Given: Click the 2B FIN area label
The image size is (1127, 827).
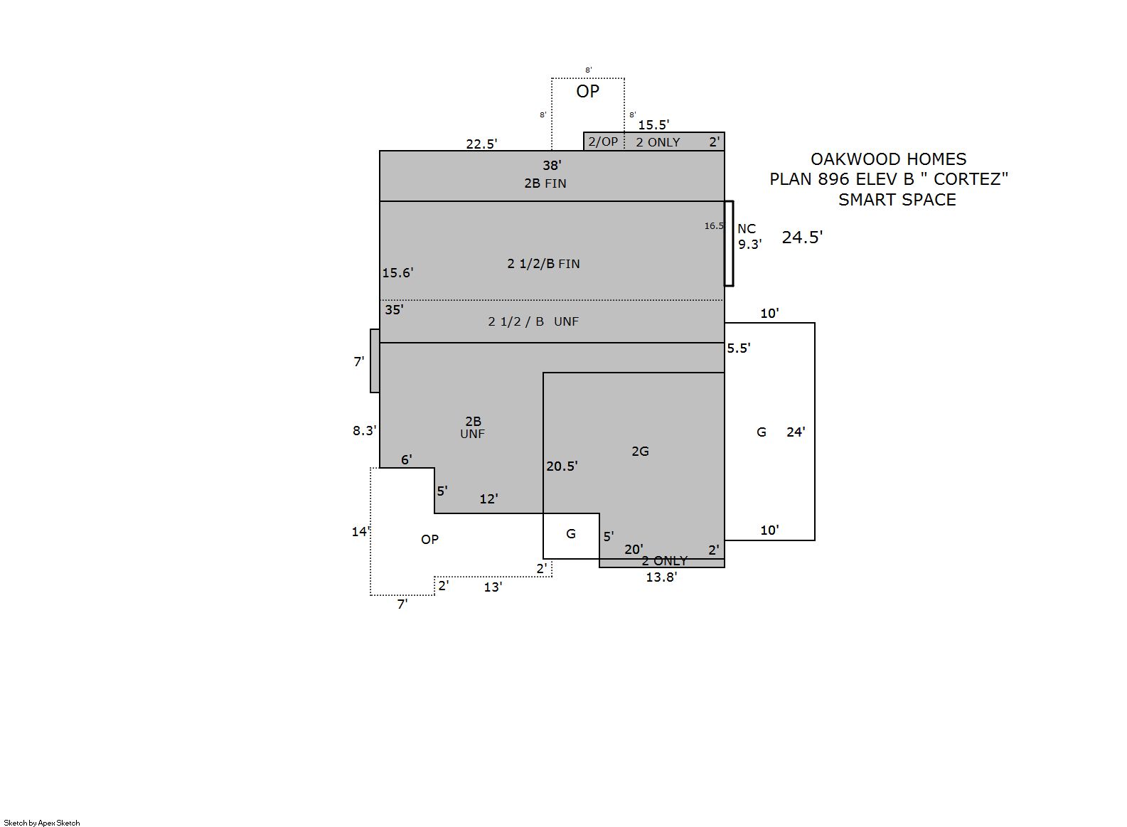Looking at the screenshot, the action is (545, 183).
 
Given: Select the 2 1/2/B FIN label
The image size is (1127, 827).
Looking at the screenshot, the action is (543, 264).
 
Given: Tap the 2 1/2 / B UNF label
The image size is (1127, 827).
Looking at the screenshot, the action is (533, 321).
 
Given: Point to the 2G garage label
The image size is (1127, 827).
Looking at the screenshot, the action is (640, 452).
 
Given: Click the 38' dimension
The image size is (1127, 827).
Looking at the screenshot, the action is (552, 165).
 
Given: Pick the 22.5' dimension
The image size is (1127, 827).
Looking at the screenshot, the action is (481, 144).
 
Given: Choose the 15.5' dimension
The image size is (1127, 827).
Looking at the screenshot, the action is (653, 124).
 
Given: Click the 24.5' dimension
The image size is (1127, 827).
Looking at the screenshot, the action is (802, 237).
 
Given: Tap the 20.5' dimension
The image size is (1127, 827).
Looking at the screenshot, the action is (562, 466).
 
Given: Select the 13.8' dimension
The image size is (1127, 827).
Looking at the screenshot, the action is (661, 577).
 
